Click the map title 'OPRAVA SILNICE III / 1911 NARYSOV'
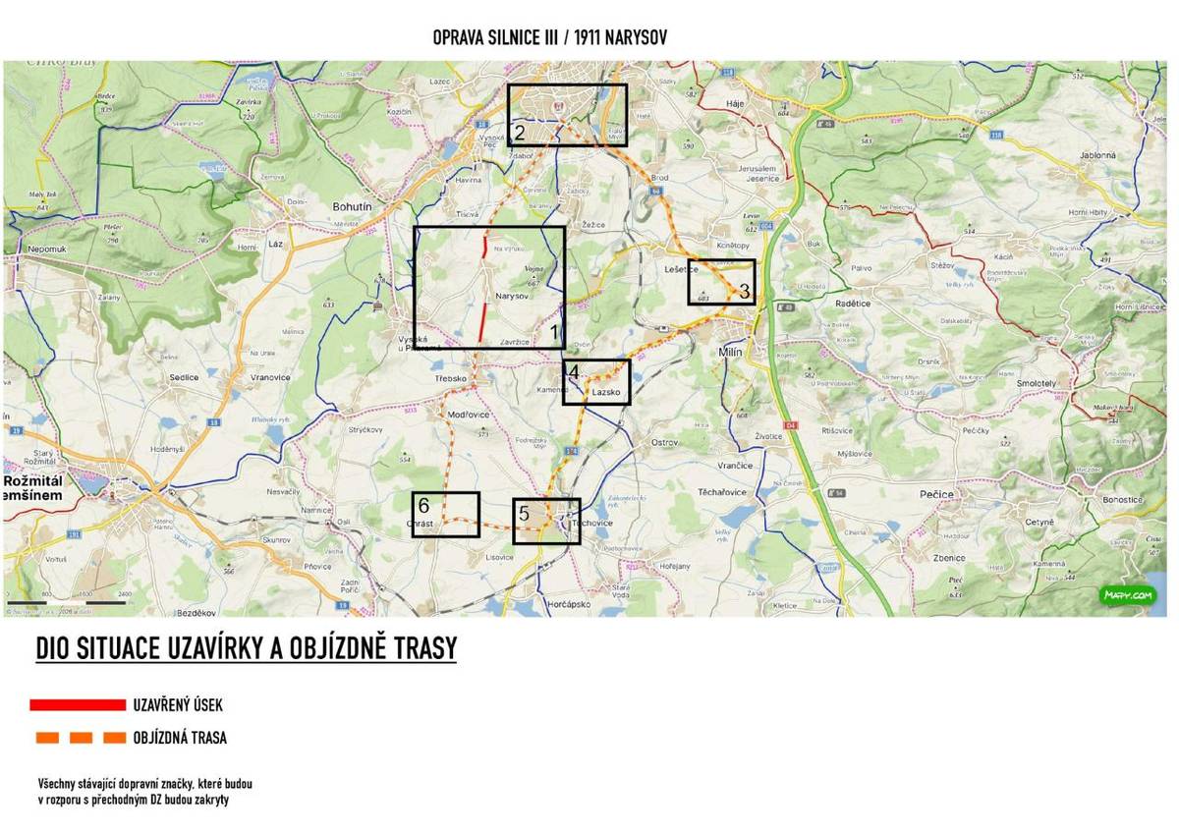pyautogui.click(x=550, y=37)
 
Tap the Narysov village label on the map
pyautogui.click(x=513, y=295)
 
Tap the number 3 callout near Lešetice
pyautogui.click(x=744, y=291)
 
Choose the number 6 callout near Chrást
pyautogui.click(x=423, y=506)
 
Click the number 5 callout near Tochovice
pyautogui.click(x=524, y=513)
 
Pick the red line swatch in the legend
pyautogui.click(x=78, y=704)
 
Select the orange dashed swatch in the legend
pyautogui.click(x=78, y=738)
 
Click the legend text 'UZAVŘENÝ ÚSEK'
pyautogui.click(x=178, y=705)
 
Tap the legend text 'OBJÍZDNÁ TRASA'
pyautogui.click(x=180, y=738)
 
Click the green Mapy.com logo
pyautogui.click(x=1127, y=595)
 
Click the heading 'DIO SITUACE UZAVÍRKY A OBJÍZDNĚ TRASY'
pyautogui.click(x=246, y=649)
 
